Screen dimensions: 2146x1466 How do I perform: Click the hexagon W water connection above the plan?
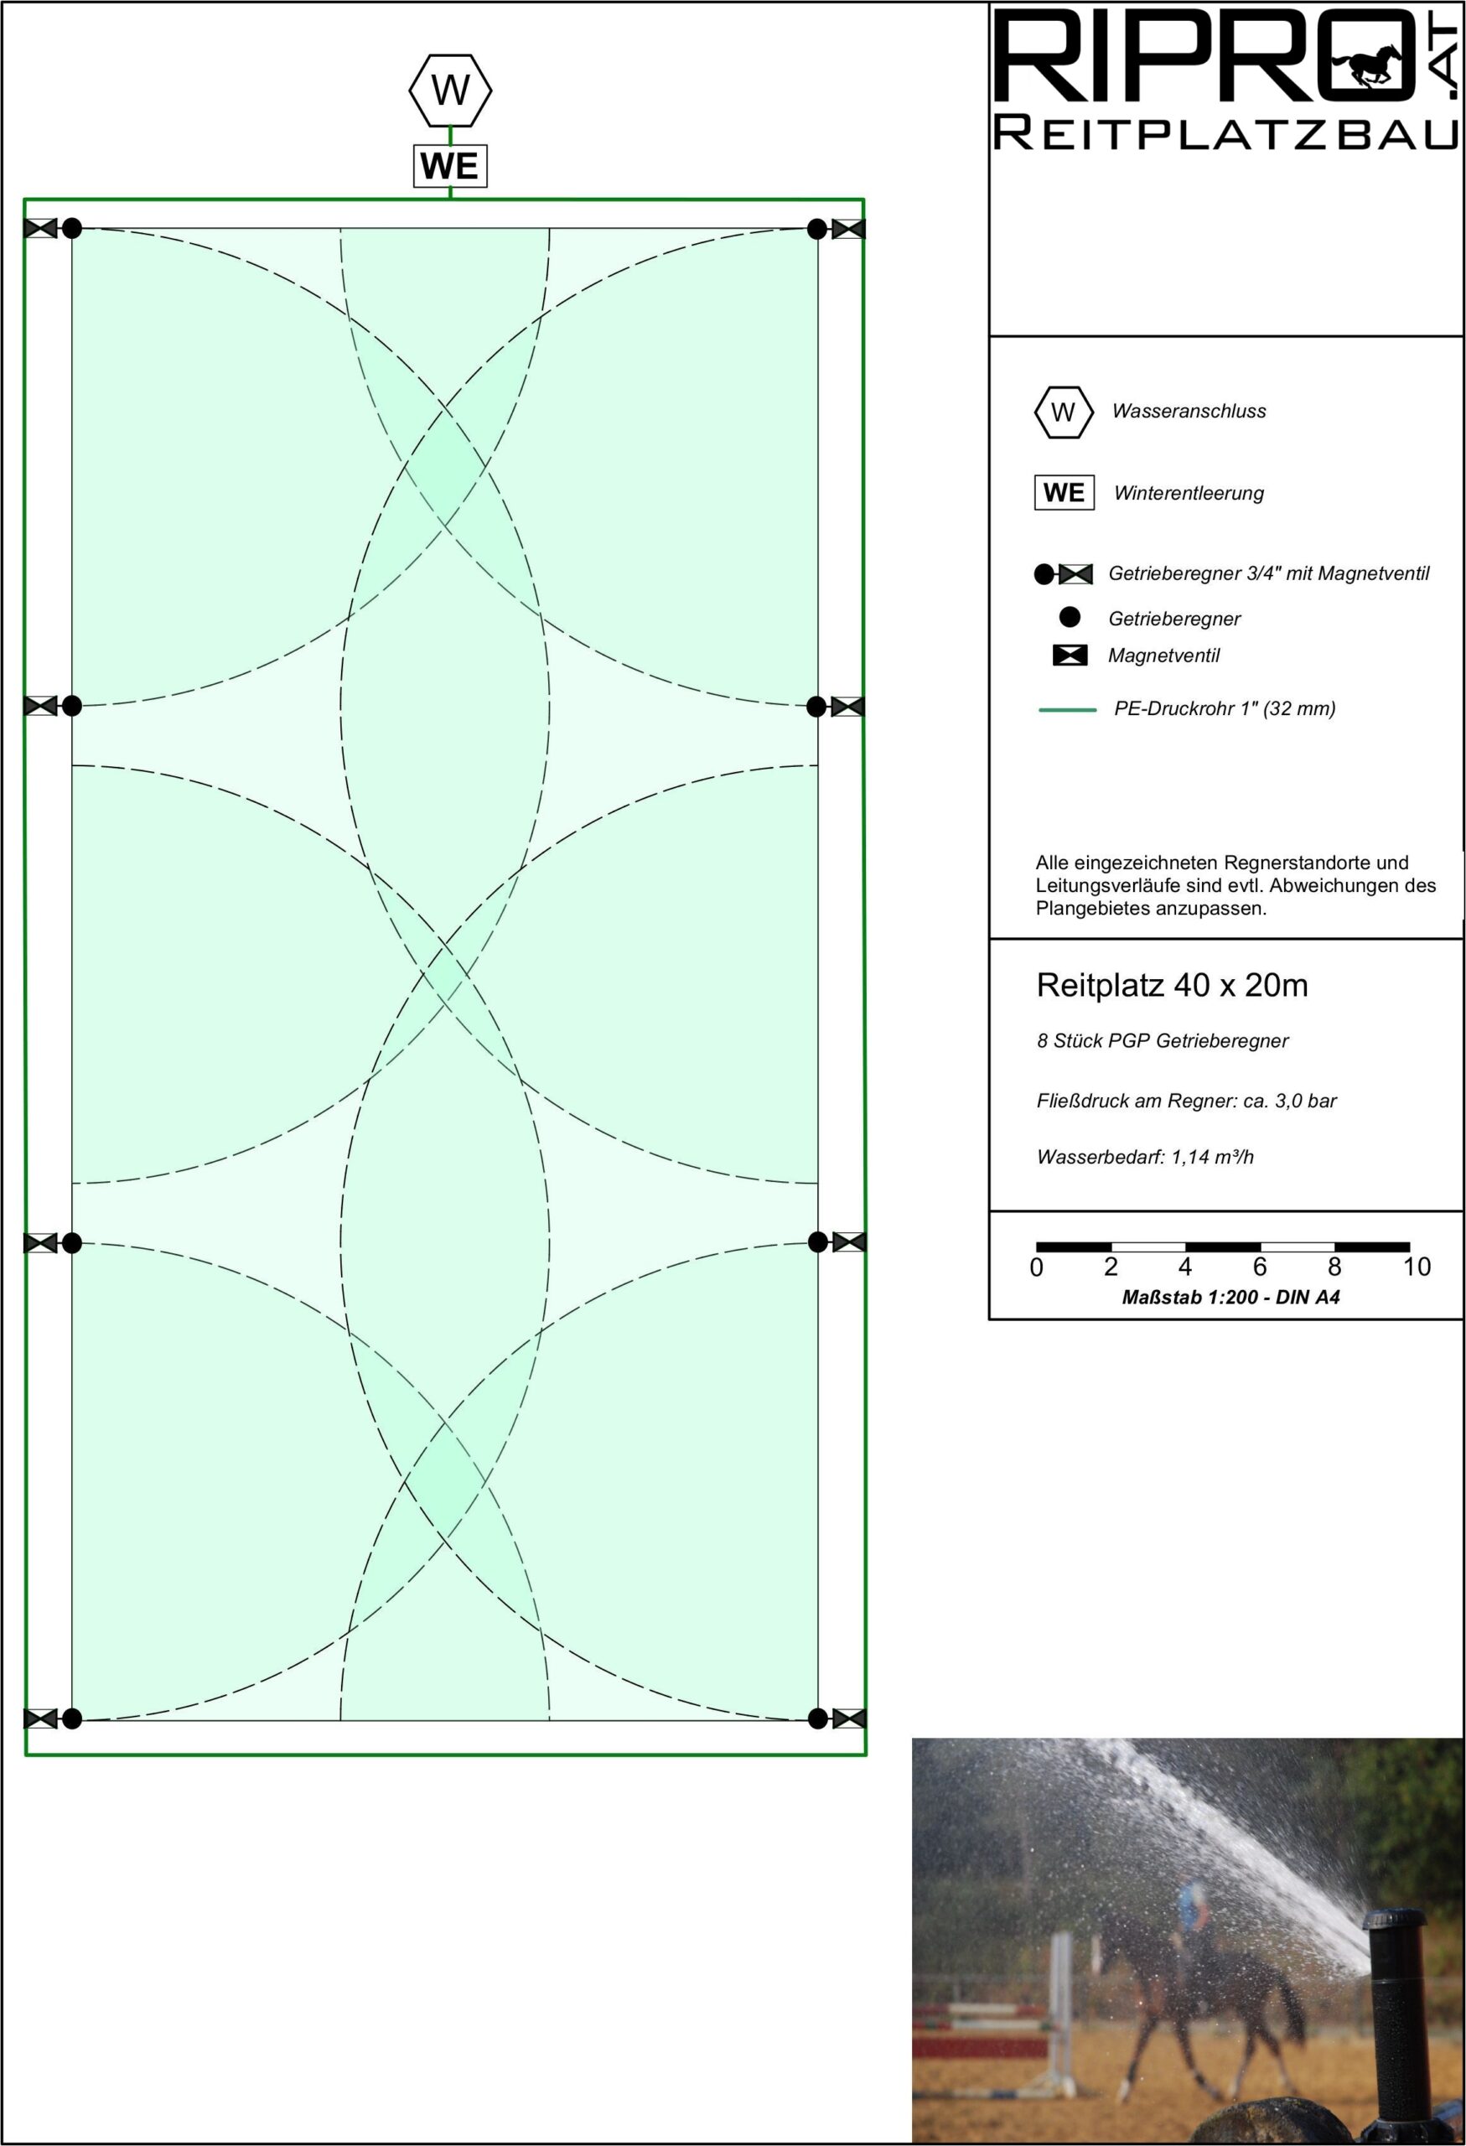click(450, 91)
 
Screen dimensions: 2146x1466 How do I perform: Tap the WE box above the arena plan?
click(449, 166)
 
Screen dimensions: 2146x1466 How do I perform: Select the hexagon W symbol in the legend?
click(1064, 412)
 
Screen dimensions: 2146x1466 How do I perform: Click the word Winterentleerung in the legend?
click(1188, 493)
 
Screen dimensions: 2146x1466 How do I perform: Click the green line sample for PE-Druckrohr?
click(1068, 710)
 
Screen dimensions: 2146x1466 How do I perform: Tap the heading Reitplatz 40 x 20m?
click(1172, 986)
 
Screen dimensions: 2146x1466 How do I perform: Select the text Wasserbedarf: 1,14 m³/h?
click(1145, 1157)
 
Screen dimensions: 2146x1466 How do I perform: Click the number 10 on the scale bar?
click(1417, 1267)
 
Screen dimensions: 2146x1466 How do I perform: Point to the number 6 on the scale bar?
click(1259, 1267)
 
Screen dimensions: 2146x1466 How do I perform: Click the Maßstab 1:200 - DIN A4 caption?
click(1230, 1298)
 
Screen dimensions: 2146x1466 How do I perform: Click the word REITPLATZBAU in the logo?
click(1226, 135)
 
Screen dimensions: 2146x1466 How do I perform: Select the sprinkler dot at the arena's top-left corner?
click(72, 228)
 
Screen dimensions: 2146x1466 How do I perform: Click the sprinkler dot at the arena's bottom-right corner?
click(818, 1718)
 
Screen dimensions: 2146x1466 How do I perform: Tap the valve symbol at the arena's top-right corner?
click(848, 228)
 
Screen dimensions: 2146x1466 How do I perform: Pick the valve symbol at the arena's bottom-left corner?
click(39, 1718)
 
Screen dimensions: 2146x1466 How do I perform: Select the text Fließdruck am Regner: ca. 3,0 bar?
click(1186, 1101)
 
